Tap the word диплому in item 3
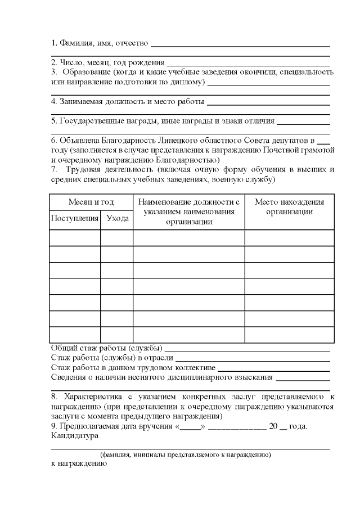189,83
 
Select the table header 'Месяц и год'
91,202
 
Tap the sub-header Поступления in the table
75,219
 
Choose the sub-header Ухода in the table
117,219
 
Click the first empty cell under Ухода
117,238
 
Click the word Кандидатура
74,436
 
